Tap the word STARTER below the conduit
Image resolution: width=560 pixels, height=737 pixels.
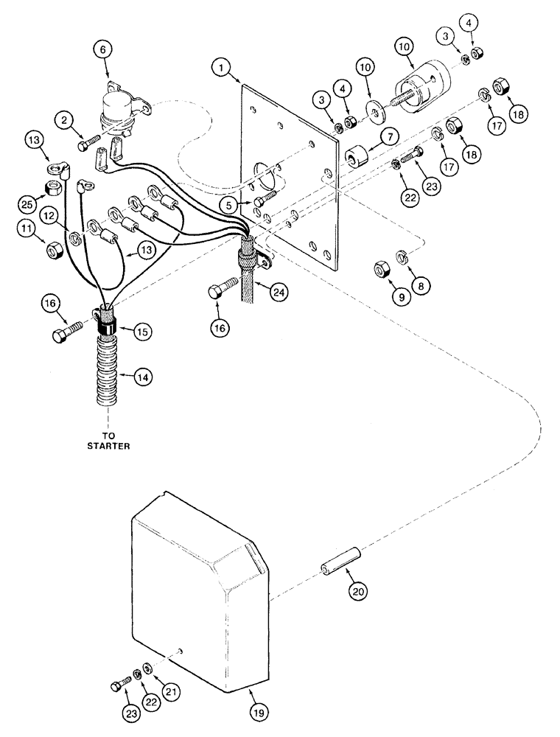109,444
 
